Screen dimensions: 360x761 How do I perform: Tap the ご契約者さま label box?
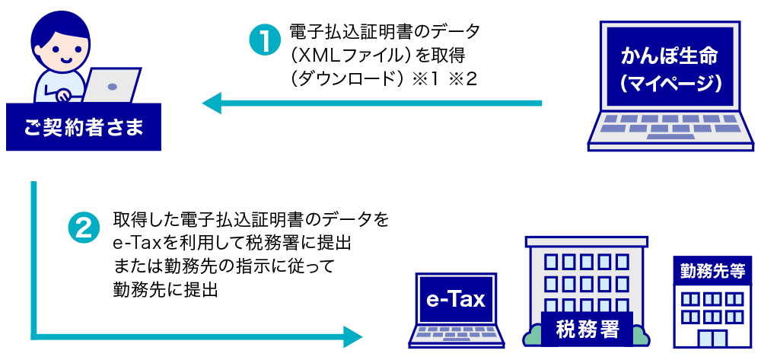[84, 126]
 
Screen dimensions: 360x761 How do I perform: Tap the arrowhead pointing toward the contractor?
[212, 103]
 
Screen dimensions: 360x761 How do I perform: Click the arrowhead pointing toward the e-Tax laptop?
[353, 336]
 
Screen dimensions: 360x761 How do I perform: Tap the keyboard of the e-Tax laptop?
[454, 333]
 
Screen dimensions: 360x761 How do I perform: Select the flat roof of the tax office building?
[586, 241]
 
